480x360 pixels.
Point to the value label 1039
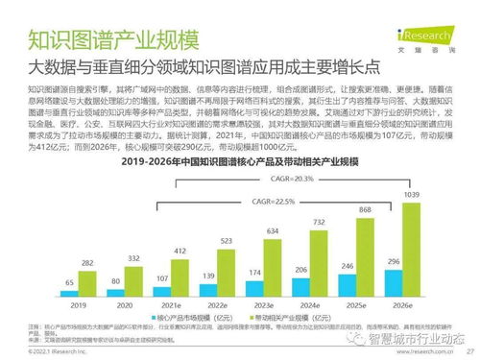click(x=412, y=194)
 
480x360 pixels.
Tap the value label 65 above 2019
click(x=70, y=282)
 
